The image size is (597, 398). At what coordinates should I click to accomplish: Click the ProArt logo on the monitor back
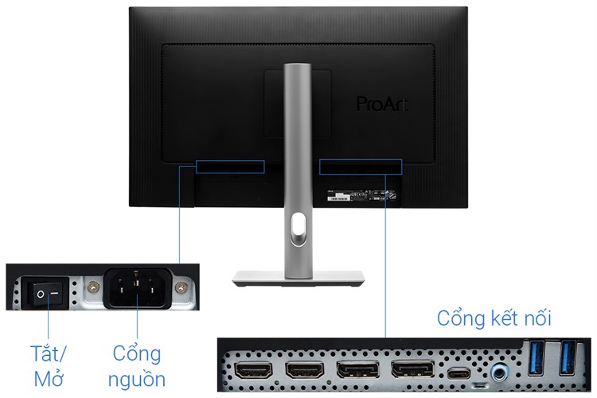pos(380,103)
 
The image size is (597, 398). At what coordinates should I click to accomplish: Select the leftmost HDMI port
pos(256,371)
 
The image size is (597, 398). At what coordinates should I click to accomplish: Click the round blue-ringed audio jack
pos(500,370)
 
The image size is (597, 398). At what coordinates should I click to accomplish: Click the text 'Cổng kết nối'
pos(494,319)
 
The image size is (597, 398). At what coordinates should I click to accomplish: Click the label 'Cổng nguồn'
pos(138,365)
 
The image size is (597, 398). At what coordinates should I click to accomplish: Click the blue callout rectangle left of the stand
pos(230,166)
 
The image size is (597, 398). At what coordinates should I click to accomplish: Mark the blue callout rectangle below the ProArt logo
pos(361,166)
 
